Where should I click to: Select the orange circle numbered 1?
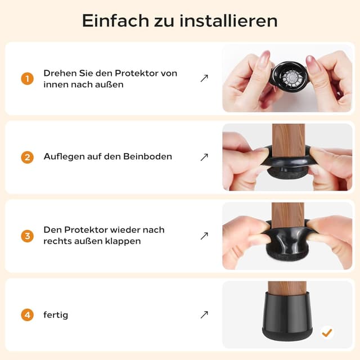tap(28, 79)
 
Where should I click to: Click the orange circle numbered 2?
tap(28, 157)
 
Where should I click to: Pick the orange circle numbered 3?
tap(28, 236)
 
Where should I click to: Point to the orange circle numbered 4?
tap(28, 315)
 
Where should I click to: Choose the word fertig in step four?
tap(56, 315)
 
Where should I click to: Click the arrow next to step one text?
tap(204, 79)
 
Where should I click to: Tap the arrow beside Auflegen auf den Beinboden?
tap(204, 157)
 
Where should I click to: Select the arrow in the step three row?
tap(204, 236)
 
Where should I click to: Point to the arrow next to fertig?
tap(204, 315)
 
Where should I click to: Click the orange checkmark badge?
tap(327, 332)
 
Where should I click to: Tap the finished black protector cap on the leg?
tap(287, 321)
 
